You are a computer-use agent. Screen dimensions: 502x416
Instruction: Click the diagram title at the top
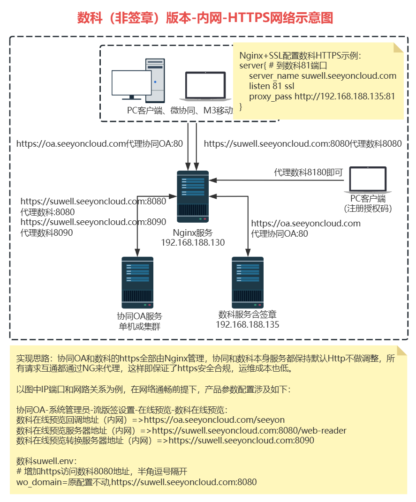coord(205,18)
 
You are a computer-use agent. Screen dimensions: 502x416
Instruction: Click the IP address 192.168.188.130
coord(193,243)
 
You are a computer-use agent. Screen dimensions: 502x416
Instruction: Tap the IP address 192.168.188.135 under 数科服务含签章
coord(248,324)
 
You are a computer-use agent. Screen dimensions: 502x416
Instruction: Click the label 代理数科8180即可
coord(309,172)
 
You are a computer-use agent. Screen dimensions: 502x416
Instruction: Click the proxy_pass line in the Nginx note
coord(322,97)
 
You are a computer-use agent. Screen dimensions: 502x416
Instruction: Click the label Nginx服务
coord(193,233)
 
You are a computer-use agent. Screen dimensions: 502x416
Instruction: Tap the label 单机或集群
coord(139,326)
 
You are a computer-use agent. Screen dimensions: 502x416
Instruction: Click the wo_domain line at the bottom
coord(136,482)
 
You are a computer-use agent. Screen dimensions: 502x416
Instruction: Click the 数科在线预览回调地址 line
coord(150,420)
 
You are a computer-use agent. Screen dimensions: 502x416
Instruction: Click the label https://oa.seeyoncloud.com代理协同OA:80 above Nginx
coord(99,144)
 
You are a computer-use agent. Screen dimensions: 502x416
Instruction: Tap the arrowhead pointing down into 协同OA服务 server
coord(137,252)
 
